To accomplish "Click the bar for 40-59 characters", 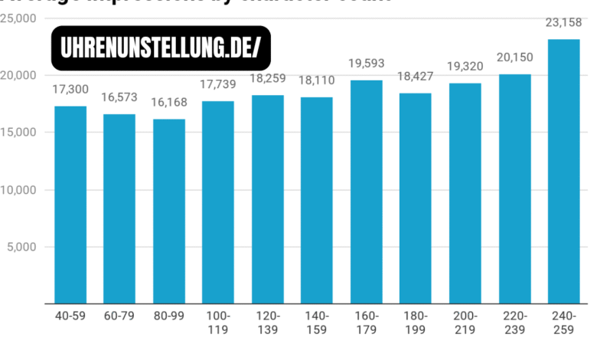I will [x=70, y=205].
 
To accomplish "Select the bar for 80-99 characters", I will [x=168, y=211].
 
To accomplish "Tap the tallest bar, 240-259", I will [x=563, y=171].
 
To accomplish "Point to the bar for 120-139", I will [x=267, y=199].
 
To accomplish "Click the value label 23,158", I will [x=563, y=23].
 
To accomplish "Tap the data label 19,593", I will [x=366, y=64].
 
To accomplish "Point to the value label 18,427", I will [x=416, y=77].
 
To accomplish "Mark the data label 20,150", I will [x=514, y=57].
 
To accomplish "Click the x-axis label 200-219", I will [x=465, y=322].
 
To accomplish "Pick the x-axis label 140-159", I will [x=316, y=322].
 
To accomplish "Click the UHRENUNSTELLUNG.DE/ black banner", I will [x=161, y=48].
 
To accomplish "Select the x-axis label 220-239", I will [x=514, y=322].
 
